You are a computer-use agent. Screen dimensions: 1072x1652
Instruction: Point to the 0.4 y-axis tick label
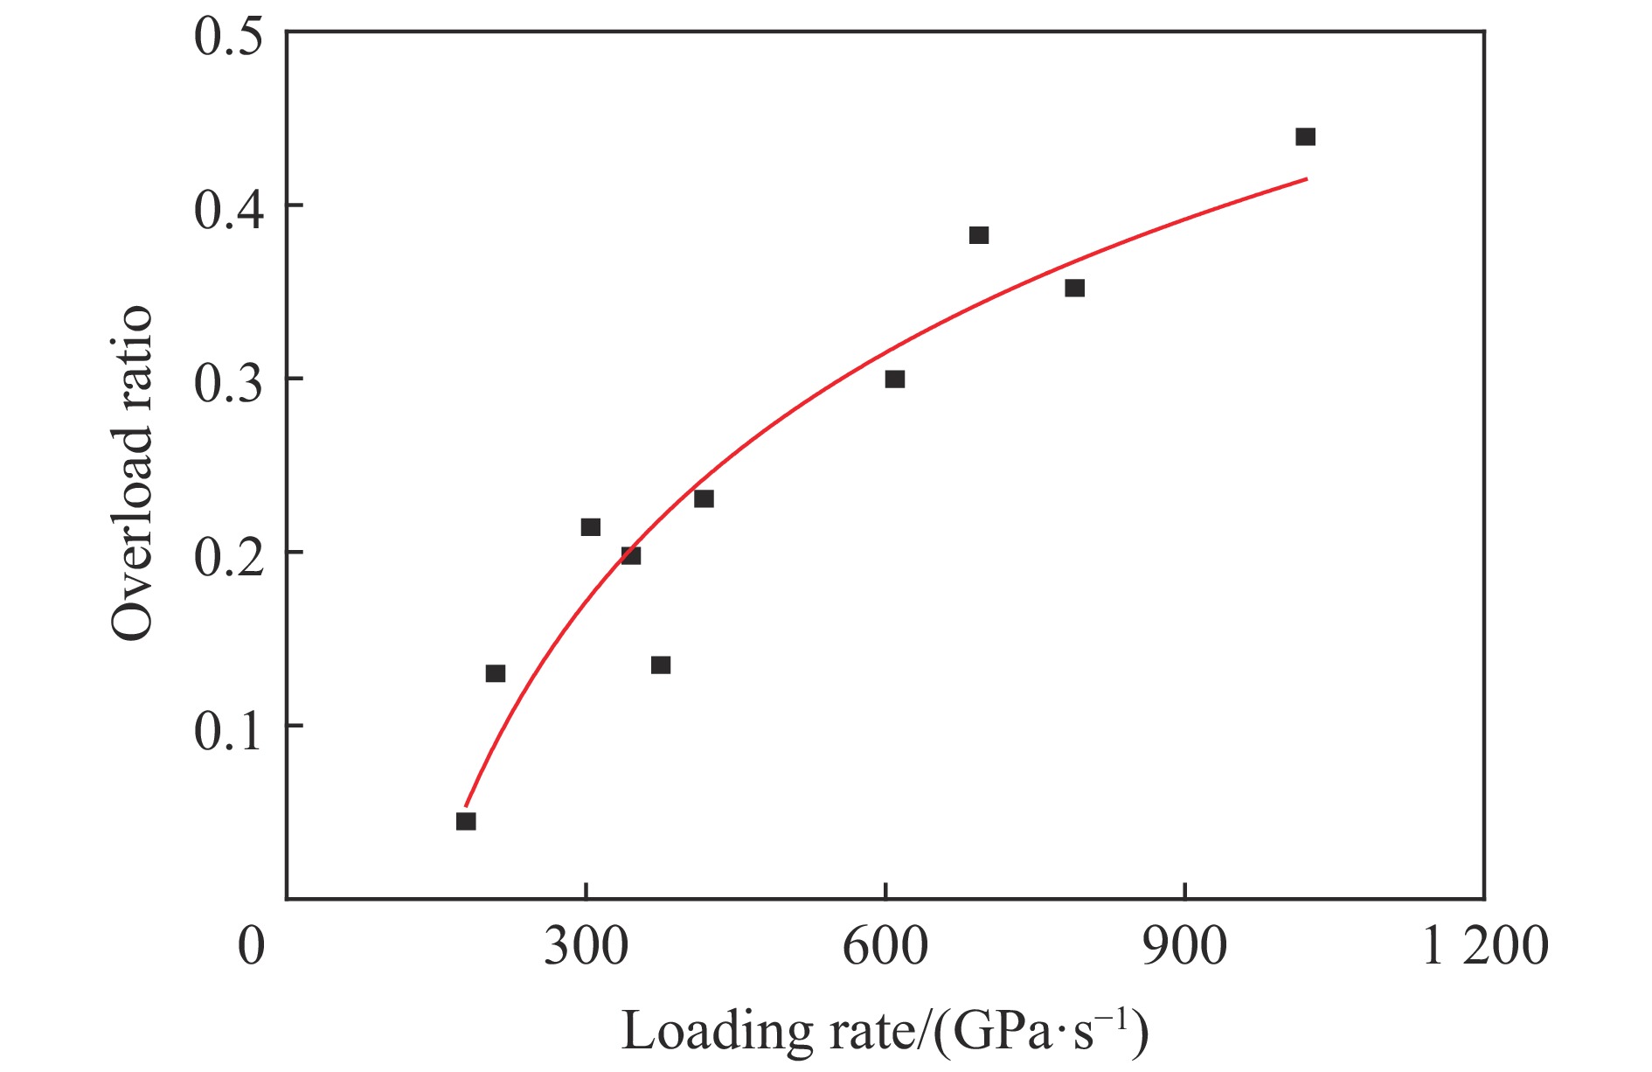pyautogui.click(x=228, y=210)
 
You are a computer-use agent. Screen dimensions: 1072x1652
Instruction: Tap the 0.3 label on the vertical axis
pyautogui.click(x=228, y=383)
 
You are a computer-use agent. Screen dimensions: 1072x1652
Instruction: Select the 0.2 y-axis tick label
pyautogui.click(x=228, y=557)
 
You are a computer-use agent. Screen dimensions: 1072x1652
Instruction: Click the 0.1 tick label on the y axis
pyautogui.click(x=228, y=730)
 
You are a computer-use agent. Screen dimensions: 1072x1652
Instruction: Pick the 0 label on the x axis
pyautogui.click(x=252, y=946)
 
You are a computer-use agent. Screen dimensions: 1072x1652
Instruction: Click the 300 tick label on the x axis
pyautogui.click(x=586, y=946)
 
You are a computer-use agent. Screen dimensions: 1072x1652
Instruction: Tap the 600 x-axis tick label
pyautogui.click(x=885, y=946)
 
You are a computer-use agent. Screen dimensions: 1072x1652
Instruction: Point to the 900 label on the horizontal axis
pyautogui.click(x=1184, y=946)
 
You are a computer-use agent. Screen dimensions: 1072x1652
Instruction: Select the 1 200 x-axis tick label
pyautogui.click(x=1485, y=946)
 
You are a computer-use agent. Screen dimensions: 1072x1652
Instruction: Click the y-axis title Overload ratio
pyautogui.click(x=133, y=472)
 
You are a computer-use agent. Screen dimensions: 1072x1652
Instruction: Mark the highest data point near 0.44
pyautogui.click(x=1305, y=136)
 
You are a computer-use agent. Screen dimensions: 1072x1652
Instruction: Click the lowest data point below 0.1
pyautogui.click(x=466, y=821)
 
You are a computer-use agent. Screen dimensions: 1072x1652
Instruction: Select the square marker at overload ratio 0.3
pyautogui.click(x=894, y=379)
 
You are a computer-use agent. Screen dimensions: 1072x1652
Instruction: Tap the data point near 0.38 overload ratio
pyautogui.click(x=979, y=235)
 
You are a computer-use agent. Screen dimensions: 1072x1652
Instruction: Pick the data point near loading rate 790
pyautogui.click(x=1074, y=289)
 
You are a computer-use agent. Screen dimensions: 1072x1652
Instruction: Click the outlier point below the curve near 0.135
pyautogui.click(x=661, y=665)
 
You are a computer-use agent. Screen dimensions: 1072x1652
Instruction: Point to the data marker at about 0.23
pyautogui.click(x=704, y=499)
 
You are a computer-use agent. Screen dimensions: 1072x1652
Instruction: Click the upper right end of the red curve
pyautogui.click(x=1306, y=179)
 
